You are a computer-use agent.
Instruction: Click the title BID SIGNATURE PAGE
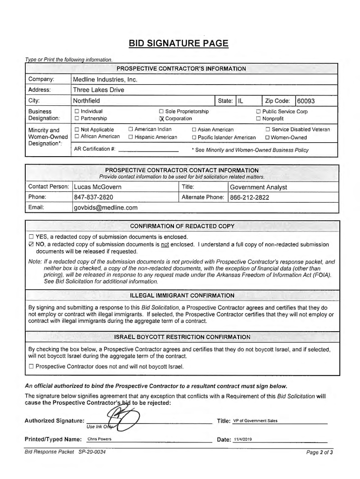(179, 44)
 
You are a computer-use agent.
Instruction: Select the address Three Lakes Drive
(98, 90)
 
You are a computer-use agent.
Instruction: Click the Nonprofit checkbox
(258, 119)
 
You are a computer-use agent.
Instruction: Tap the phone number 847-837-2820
(94, 197)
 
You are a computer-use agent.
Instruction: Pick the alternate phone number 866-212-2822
(250, 197)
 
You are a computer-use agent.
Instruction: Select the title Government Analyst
(259, 187)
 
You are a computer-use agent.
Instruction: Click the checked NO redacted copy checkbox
(31, 244)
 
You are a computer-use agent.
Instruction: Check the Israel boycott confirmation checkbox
(31, 366)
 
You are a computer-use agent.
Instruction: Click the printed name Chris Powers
(99, 439)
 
